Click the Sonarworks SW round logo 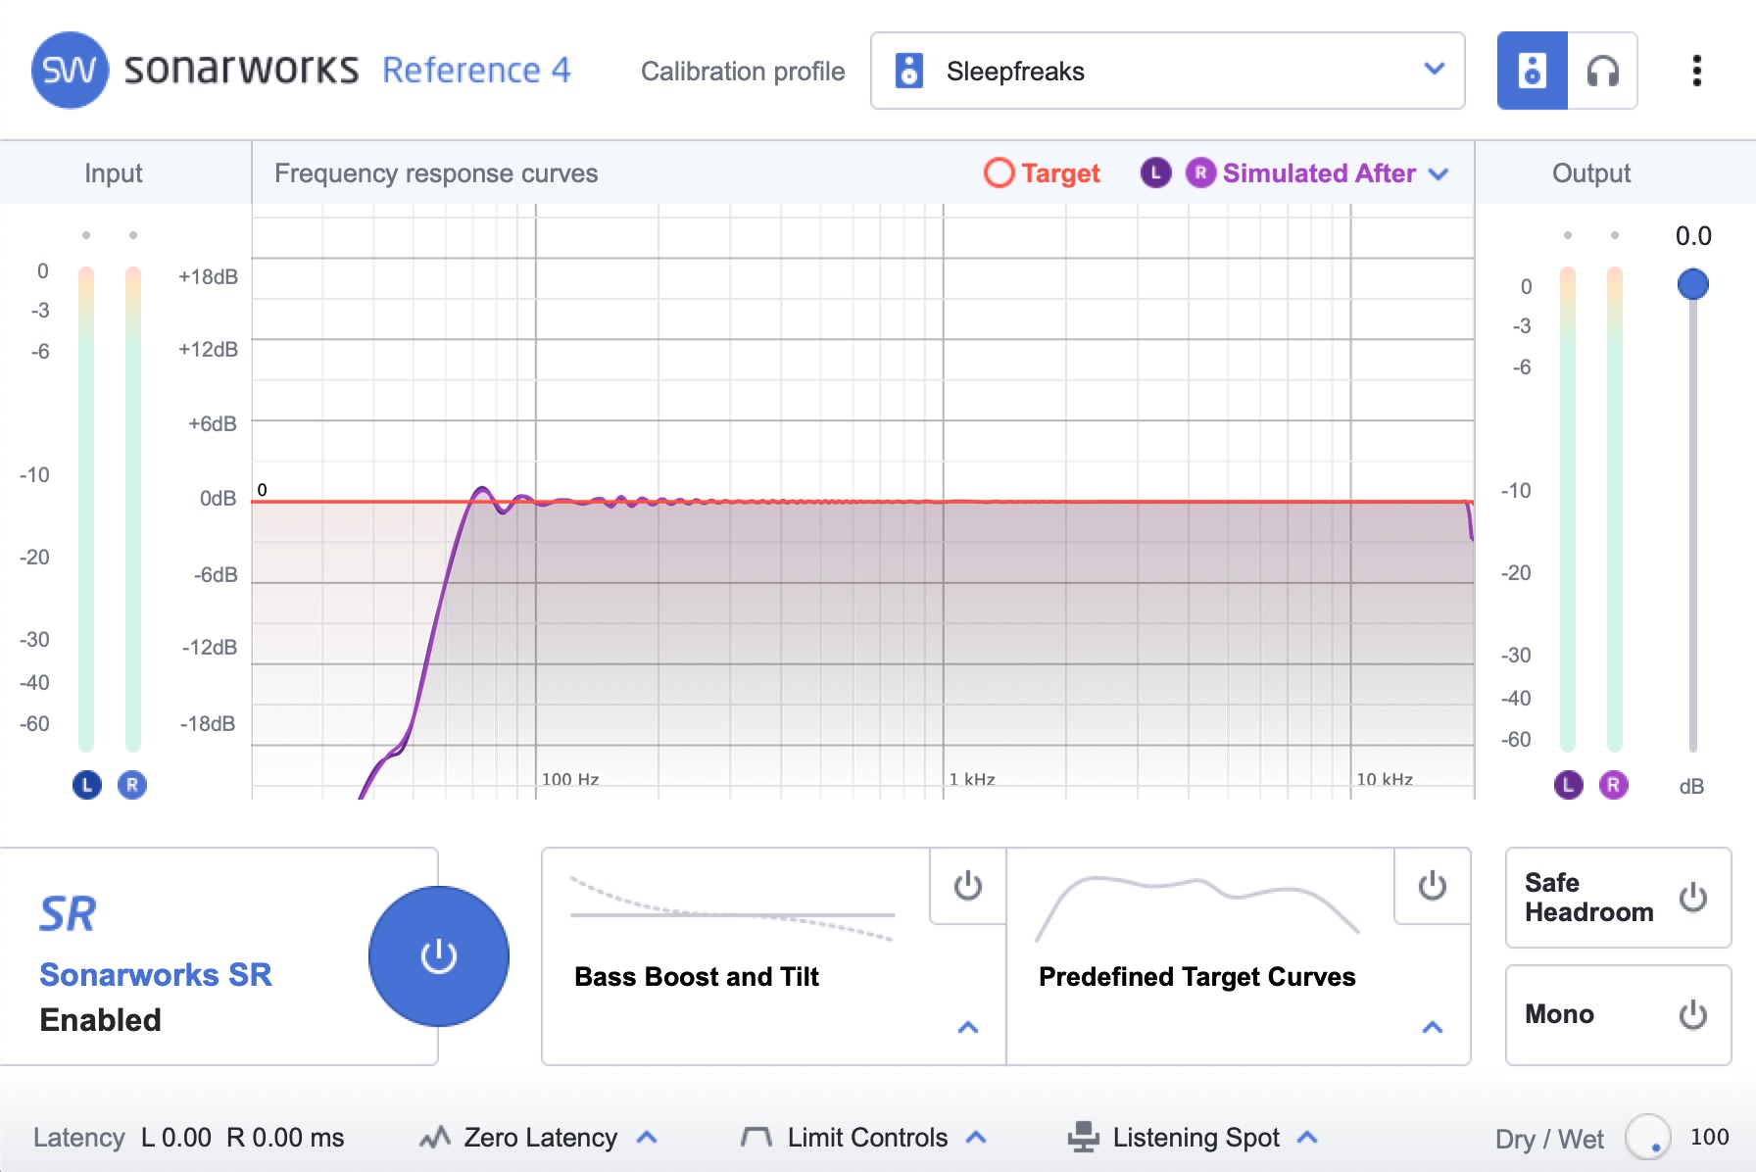point(70,71)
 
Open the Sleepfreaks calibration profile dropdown point(1167,71)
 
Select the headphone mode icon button point(1602,71)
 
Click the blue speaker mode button point(1533,71)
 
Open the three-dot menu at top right point(1696,71)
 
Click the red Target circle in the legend point(999,173)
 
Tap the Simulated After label point(1319,173)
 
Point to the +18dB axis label point(208,276)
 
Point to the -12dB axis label point(209,647)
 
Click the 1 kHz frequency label point(972,779)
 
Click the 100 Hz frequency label point(570,779)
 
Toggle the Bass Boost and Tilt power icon point(968,886)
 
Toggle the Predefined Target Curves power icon point(1433,886)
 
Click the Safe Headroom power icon point(1693,898)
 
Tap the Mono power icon point(1693,1014)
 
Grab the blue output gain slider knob point(1693,284)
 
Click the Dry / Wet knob point(1648,1138)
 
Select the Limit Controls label point(867,1138)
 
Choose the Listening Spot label point(1196,1138)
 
